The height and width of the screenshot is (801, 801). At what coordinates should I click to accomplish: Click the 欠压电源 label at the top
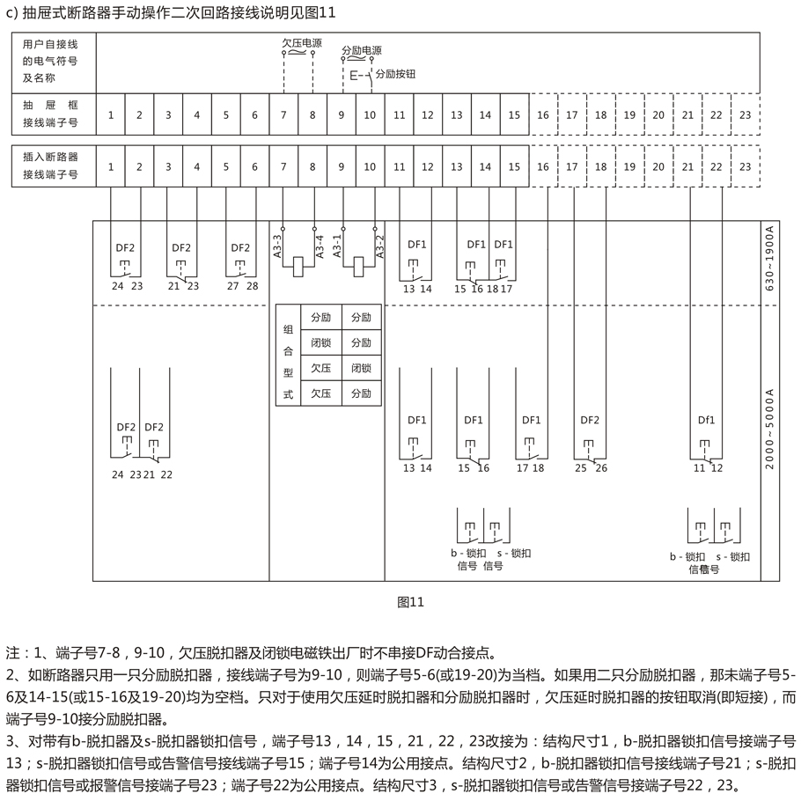point(302,43)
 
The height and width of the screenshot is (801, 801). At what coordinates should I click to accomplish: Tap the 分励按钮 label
point(395,74)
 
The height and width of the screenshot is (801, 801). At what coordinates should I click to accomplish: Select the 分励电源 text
point(362,50)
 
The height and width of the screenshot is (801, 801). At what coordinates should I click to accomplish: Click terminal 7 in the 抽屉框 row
point(283,115)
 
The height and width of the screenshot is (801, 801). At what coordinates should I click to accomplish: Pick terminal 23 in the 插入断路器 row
point(746,166)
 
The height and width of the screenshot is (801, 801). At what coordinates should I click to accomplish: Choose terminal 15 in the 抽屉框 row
point(514,115)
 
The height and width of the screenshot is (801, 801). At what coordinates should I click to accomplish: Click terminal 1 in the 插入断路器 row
point(110,166)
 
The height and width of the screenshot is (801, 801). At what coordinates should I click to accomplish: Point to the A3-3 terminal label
point(277,246)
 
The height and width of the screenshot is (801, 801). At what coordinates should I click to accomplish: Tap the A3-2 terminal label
point(379,246)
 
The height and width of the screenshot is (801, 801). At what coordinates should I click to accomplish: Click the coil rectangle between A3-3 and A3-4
point(298,268)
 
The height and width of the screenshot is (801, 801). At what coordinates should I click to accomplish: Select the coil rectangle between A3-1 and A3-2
point(358,268)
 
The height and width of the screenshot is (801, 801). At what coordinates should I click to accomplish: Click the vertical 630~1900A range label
point(769,259)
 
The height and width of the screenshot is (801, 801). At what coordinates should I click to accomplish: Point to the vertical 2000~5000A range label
point(769,430)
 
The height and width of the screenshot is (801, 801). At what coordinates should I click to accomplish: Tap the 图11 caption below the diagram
point(410,602)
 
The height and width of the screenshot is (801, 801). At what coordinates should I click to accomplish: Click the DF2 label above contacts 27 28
point(240,247)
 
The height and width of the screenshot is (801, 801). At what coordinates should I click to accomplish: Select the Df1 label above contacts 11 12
point(707,420)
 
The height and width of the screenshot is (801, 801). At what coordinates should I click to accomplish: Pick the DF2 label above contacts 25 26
point(590,420)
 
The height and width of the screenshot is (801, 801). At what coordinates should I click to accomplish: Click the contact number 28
point(253,286)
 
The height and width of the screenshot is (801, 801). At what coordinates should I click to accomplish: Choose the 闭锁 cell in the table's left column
point(320,342)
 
